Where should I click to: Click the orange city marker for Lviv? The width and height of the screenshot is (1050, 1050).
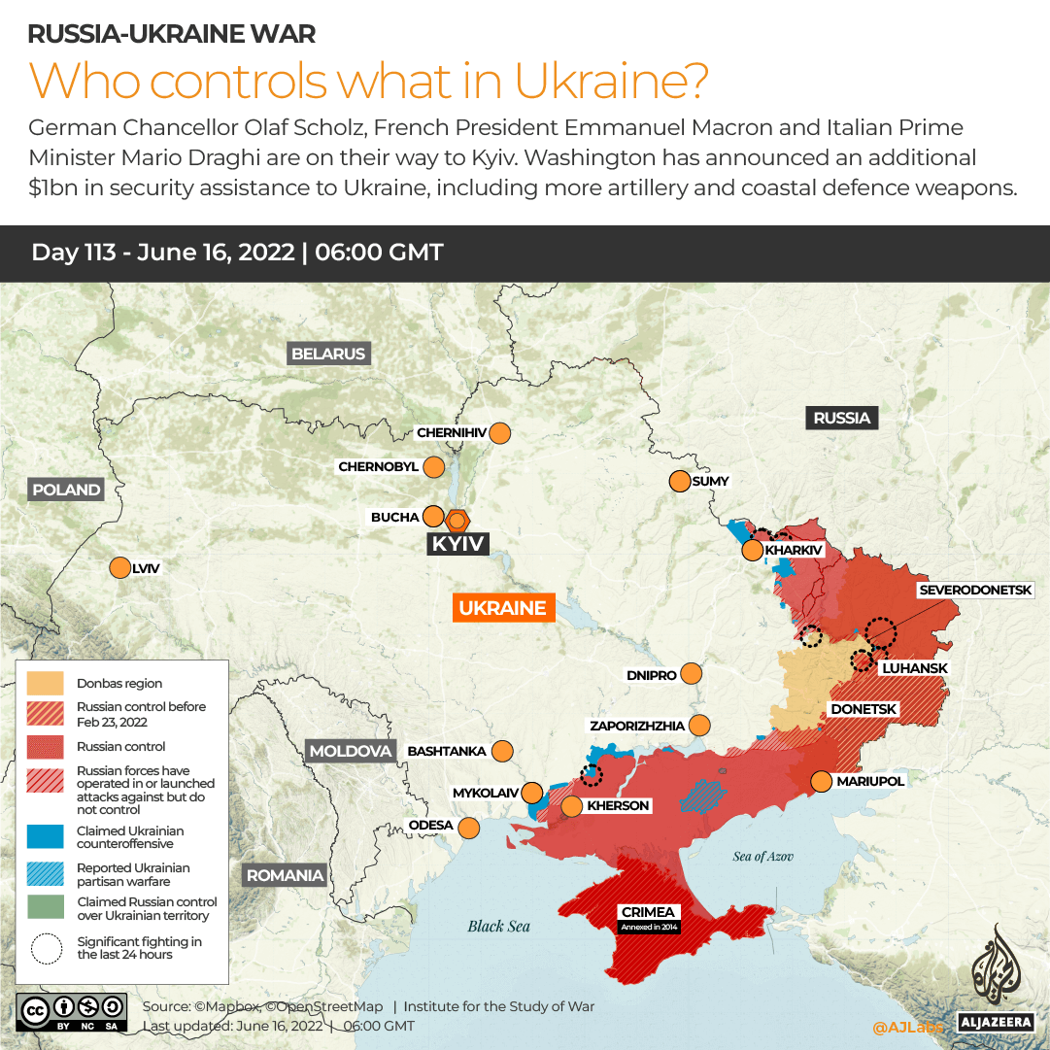(x=119, y=568)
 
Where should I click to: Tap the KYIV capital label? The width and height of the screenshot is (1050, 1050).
(x=457, y=544)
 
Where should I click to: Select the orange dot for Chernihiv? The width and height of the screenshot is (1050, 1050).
(x=500, y=433)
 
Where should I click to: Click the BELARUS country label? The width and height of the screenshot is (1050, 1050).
(x=328, y=354)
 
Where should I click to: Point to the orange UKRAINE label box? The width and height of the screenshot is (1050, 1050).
(x=502, y=608)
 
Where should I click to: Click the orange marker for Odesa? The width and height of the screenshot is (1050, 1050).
(x=469, y=828)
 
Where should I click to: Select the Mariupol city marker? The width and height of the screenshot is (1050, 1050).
(x=821, y=781)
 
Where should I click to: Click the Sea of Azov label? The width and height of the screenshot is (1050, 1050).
(x=763, y=856)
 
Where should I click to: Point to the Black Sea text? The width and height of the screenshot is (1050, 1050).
(x=498, y=926)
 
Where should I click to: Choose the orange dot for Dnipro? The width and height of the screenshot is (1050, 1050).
(x=692, y=674)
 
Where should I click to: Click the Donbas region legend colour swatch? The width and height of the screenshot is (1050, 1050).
(x=46, y=683)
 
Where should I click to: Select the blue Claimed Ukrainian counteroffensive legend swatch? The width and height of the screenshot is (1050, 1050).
(x=46, y=836)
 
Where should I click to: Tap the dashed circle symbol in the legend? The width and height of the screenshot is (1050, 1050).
(x=46, y=948)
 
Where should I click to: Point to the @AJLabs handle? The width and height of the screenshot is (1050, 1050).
(x=907, y=1026)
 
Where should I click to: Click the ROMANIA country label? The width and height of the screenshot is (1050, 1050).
(x=285, y=875)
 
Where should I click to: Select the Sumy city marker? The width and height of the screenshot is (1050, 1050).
(x=679, y=481)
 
